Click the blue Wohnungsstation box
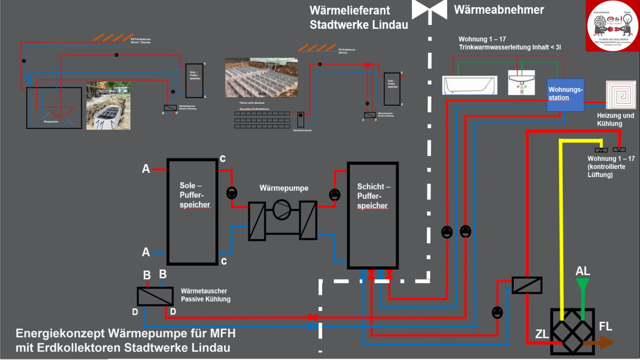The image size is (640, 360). click(565, 95)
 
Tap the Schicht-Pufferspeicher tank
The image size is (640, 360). click(372, 215)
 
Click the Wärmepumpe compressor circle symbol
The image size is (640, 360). click(282, 210)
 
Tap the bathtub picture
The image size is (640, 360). click(470, 84)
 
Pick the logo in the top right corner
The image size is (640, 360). click(612, 26)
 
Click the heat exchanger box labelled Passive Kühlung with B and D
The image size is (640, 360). click(155, 297)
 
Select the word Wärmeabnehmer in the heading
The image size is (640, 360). click(499, 10)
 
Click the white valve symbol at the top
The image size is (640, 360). click(429, 9)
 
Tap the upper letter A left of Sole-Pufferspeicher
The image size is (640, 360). click(145, 169)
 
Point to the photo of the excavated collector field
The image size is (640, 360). click(261, 77)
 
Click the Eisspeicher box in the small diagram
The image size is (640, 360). click(54, 108)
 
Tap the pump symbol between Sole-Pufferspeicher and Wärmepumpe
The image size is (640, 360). click(232, 193)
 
